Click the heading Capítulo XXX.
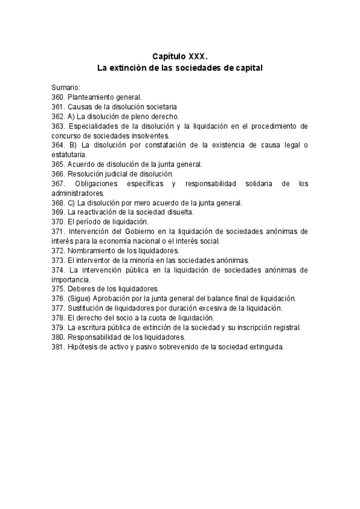(179, 56)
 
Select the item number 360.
(58, 97)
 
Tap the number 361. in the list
(58, 106)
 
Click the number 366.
(58, 173)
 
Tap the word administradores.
(78, 193)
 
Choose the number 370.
(58, 222)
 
